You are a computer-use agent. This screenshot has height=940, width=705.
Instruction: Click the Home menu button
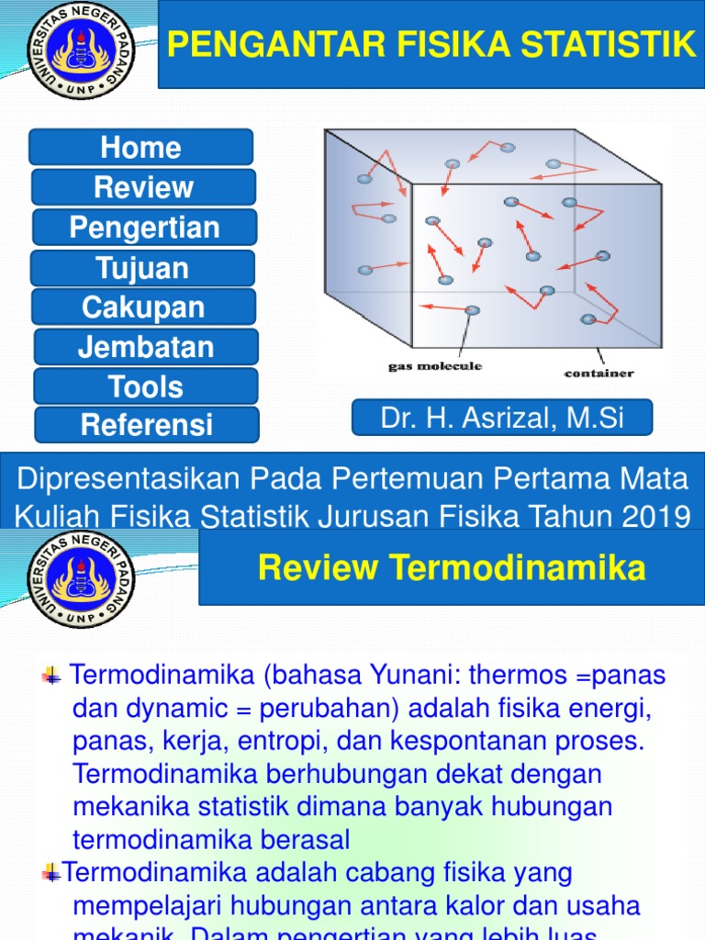pyautogui.click(x=140, y=148)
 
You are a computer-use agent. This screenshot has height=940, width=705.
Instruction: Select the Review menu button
pyautogui.click(x=143, y=187)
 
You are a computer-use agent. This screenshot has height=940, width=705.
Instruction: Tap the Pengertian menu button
pyautogui.click(x=144, y=228)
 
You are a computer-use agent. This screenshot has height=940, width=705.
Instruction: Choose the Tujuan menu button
pyautogui.click(x=142, y=268)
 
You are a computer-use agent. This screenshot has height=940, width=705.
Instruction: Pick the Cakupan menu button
pyautogui.click(x=143, y=308)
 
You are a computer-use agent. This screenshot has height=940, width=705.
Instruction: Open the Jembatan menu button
pyautogui.click(x=146, y=347)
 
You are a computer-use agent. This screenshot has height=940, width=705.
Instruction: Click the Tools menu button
pyautogui.click(x=146, y=386)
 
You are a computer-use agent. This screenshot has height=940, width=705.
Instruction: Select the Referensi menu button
pyautogui.click(x=146, y=425)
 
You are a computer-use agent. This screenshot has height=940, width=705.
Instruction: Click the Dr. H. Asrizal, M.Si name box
pyautogui.click(x=502, y=418)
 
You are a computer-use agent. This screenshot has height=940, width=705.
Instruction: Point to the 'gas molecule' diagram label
pyautogui.click(x=433, y=366)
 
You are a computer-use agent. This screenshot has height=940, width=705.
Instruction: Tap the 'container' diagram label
pyautogui.click(x=598, y=374)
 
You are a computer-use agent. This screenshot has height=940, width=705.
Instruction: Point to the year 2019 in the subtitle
pyautogui.click(x=655, y=516)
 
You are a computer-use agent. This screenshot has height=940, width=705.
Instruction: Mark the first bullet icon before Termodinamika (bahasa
pyautogui.click(x=50, y=677)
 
